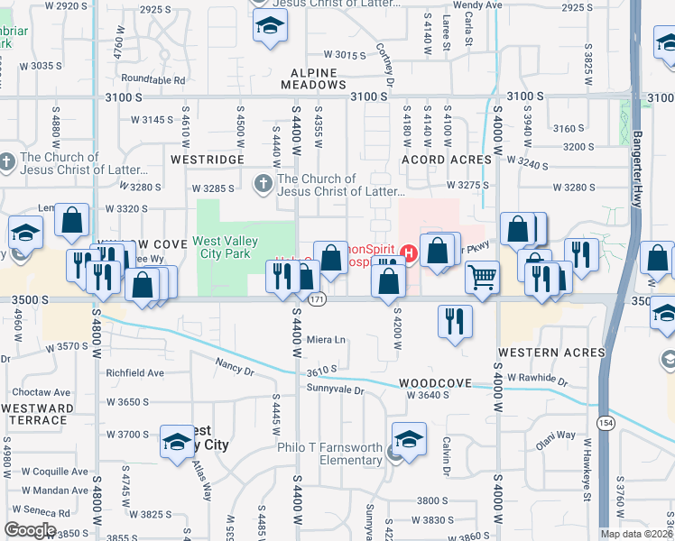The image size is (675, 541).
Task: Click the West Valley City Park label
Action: click(x=225, y=248)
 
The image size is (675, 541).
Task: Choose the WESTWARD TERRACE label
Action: click(x=37, y=414)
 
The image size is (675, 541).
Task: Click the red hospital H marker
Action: click(x=410, y=251)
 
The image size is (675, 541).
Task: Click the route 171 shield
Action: click(x=316, y=298)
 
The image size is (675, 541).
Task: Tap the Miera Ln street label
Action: click(x=327, y=340)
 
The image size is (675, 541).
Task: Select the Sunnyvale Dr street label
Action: click(x=334, y=390)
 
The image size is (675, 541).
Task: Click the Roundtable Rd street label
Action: click(x=153, y=79)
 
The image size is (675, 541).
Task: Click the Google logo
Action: click(x=30, y=530)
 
